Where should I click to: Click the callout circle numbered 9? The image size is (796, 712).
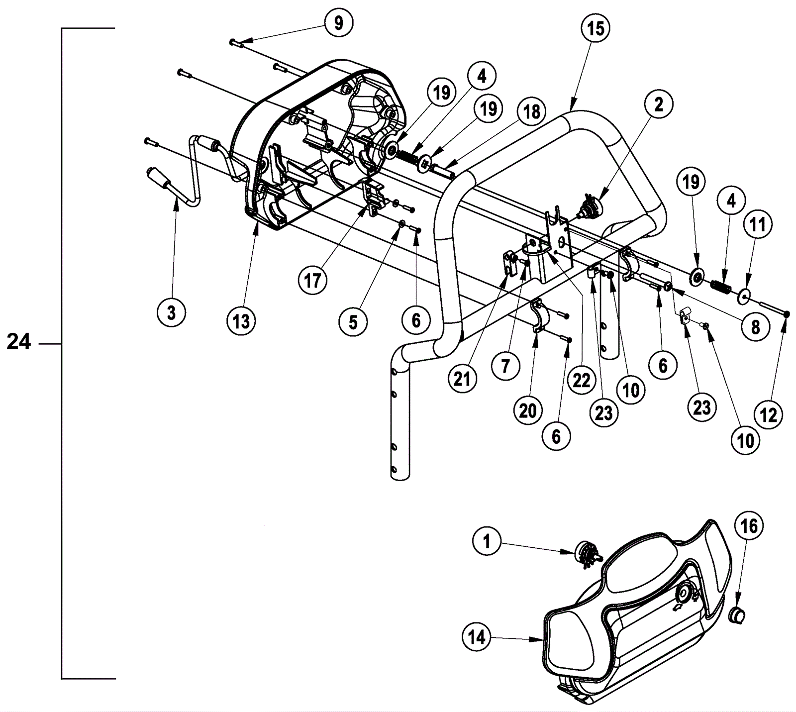coord(339,23)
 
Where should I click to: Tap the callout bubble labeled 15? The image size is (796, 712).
coord(596,28)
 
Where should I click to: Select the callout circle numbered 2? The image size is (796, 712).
coord(659,105)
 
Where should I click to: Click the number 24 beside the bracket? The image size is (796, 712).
coord(19,342)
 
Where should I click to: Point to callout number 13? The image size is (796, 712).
coord(241,321)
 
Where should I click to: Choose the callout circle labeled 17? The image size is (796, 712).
coord(313,281)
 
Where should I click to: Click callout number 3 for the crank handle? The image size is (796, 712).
coord(171,313)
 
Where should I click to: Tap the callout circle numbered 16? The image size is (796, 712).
coord(749,526)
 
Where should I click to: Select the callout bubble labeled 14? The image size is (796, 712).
coord(477,637)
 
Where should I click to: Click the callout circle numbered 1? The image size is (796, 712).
coord(487,541)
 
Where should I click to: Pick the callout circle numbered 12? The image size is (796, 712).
coord(769,414)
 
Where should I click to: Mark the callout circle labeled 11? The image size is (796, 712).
coord(757,225)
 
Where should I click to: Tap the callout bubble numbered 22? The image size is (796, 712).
coord(581,381)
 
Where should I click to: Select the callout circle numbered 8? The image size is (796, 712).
coord(755,327)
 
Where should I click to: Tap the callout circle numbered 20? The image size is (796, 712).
coord(528,410)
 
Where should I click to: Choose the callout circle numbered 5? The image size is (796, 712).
coord(353,322)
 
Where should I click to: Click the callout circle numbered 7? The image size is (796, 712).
coord(505,366)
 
